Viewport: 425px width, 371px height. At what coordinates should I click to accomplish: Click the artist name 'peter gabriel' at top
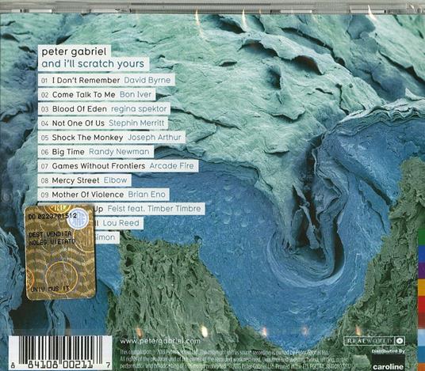click(x=74, y=49)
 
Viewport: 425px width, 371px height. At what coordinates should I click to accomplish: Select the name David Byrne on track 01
click(x=147, y=80)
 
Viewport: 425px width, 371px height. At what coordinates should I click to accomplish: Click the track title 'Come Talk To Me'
click(x=85, y=94)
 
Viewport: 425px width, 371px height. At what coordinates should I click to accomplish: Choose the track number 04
click(x=44, y=123)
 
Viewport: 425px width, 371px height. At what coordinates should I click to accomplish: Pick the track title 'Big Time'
click(x=71, y=152)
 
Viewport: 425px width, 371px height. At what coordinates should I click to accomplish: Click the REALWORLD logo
click(x=370, y=340)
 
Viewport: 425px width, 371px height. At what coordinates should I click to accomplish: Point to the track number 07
click(x=44, y=166)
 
